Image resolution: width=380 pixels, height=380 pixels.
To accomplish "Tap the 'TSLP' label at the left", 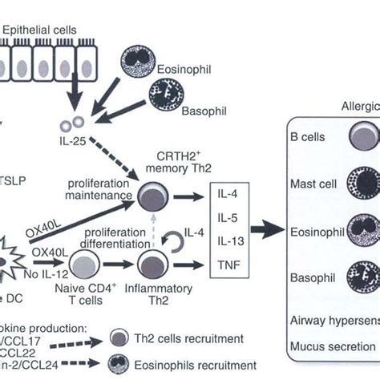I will point(14,181).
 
